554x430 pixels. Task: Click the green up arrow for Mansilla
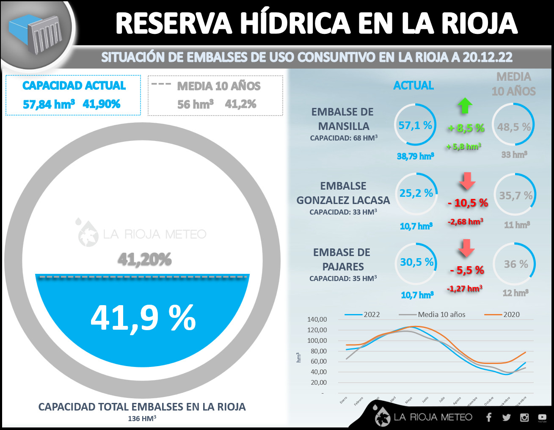click(465, 106)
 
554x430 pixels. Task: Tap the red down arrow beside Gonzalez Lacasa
click(467, 181)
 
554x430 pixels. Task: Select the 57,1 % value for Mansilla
click(415, 125)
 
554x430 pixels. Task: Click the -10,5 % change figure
click(468, 203)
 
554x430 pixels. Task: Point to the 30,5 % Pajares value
click(417, 262)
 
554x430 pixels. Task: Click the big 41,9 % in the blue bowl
click(143, 318)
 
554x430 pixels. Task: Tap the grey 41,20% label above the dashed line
click(144, 259)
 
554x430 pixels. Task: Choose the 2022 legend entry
click(363, 314)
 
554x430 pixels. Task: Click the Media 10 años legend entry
click(432, 314)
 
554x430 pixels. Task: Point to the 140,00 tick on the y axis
click(317, 320)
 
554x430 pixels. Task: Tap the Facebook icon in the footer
click(489, 417)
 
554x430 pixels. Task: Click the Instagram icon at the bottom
click(524, 417)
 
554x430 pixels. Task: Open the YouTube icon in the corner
click(542, 418)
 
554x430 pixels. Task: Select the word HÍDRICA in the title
click(295, 23)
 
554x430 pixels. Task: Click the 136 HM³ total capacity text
click(142, 418)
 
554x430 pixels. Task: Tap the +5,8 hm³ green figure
click(464, 146)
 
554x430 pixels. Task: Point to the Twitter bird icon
click(506, 417)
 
